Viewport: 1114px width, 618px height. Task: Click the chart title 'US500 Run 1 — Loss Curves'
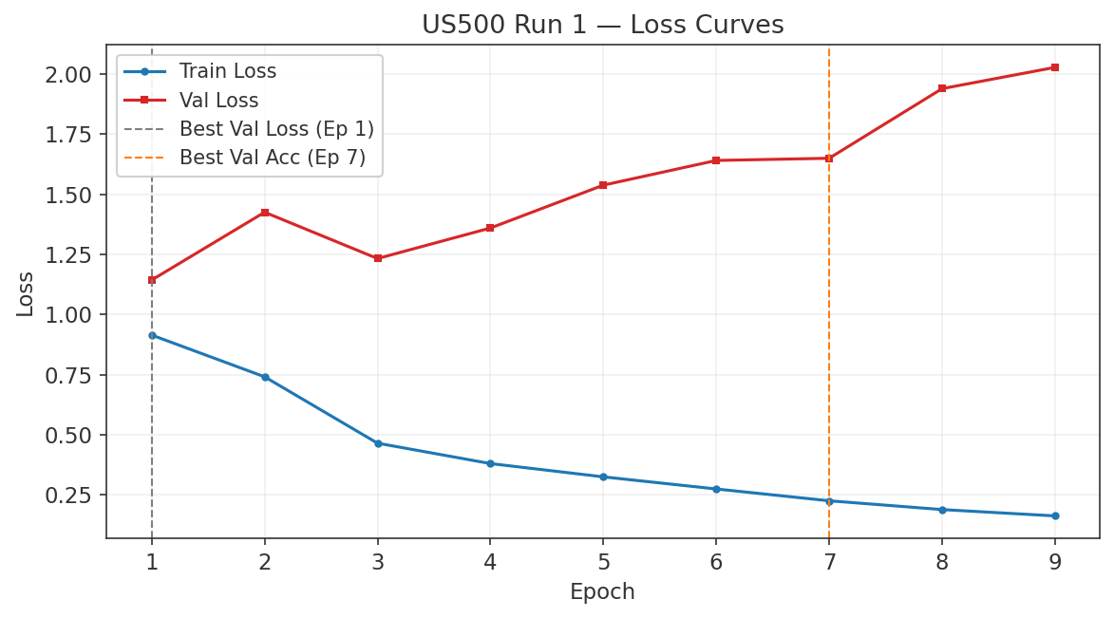tap(602, 25)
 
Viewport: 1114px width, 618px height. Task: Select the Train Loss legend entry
tap(228, 70)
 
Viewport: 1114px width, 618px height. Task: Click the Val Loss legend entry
tap(218, 100)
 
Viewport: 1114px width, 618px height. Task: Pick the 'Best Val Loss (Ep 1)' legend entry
tap(276, 128)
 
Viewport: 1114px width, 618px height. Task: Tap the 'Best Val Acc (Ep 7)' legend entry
tap(273, 158)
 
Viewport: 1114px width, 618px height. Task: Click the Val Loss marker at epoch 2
tap(265, 213)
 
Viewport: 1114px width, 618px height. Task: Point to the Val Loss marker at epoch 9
tap(1054, 67)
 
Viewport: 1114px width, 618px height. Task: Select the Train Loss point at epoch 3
tap(378, 443)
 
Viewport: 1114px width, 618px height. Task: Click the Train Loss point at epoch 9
tap(1054, 515)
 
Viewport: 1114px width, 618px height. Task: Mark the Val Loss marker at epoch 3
tap(378, 258)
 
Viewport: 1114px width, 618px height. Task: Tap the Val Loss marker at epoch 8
tap(941, 89)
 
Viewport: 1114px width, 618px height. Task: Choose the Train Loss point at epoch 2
tap(265, 377)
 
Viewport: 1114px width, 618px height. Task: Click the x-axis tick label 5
tap(603, 562)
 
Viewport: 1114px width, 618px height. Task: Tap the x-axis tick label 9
tap(1054, 562)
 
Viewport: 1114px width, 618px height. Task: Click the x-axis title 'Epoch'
tap(602, 592)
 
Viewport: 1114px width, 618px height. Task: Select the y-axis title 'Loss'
tap(26, 293)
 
